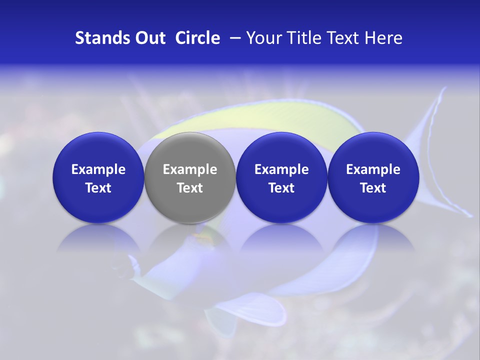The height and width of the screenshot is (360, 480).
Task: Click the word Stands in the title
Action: pos(98,38)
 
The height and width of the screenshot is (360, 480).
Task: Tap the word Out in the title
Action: pos(148,38)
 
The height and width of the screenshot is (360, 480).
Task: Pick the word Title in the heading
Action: pos(303,38)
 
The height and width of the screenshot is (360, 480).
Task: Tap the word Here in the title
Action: pos(383,38)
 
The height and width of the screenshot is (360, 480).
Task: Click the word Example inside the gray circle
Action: pos(190,169)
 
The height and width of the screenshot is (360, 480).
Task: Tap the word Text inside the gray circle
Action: pos(190,188)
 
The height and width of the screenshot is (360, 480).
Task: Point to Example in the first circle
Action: pos(98,169)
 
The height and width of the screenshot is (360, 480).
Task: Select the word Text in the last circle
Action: pos(373,188)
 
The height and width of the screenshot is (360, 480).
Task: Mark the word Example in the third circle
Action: pos(281,169)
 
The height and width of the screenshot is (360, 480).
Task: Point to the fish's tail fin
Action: pos(440,150)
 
